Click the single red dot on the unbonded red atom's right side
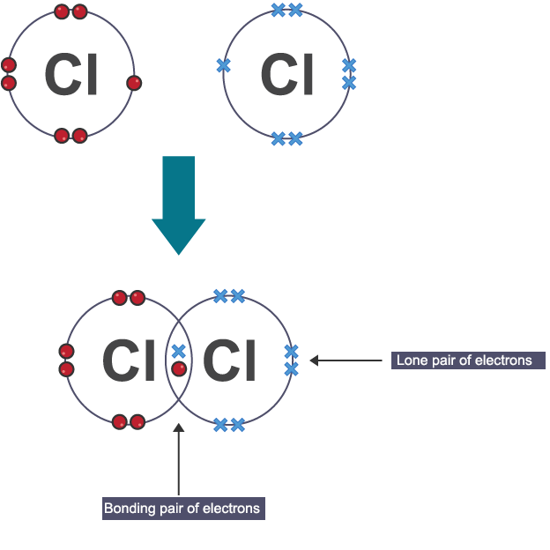[134, 83]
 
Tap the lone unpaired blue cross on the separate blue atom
[223, 65]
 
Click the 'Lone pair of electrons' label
[464, 360]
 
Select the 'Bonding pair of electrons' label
[182, 509]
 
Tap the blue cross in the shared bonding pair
[178, 352]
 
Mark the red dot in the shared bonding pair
[178, 368]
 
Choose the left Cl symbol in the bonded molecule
[130, 360]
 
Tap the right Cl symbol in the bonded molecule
[230, 360]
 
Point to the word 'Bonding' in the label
[128, 509]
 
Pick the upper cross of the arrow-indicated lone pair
[291, 352]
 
